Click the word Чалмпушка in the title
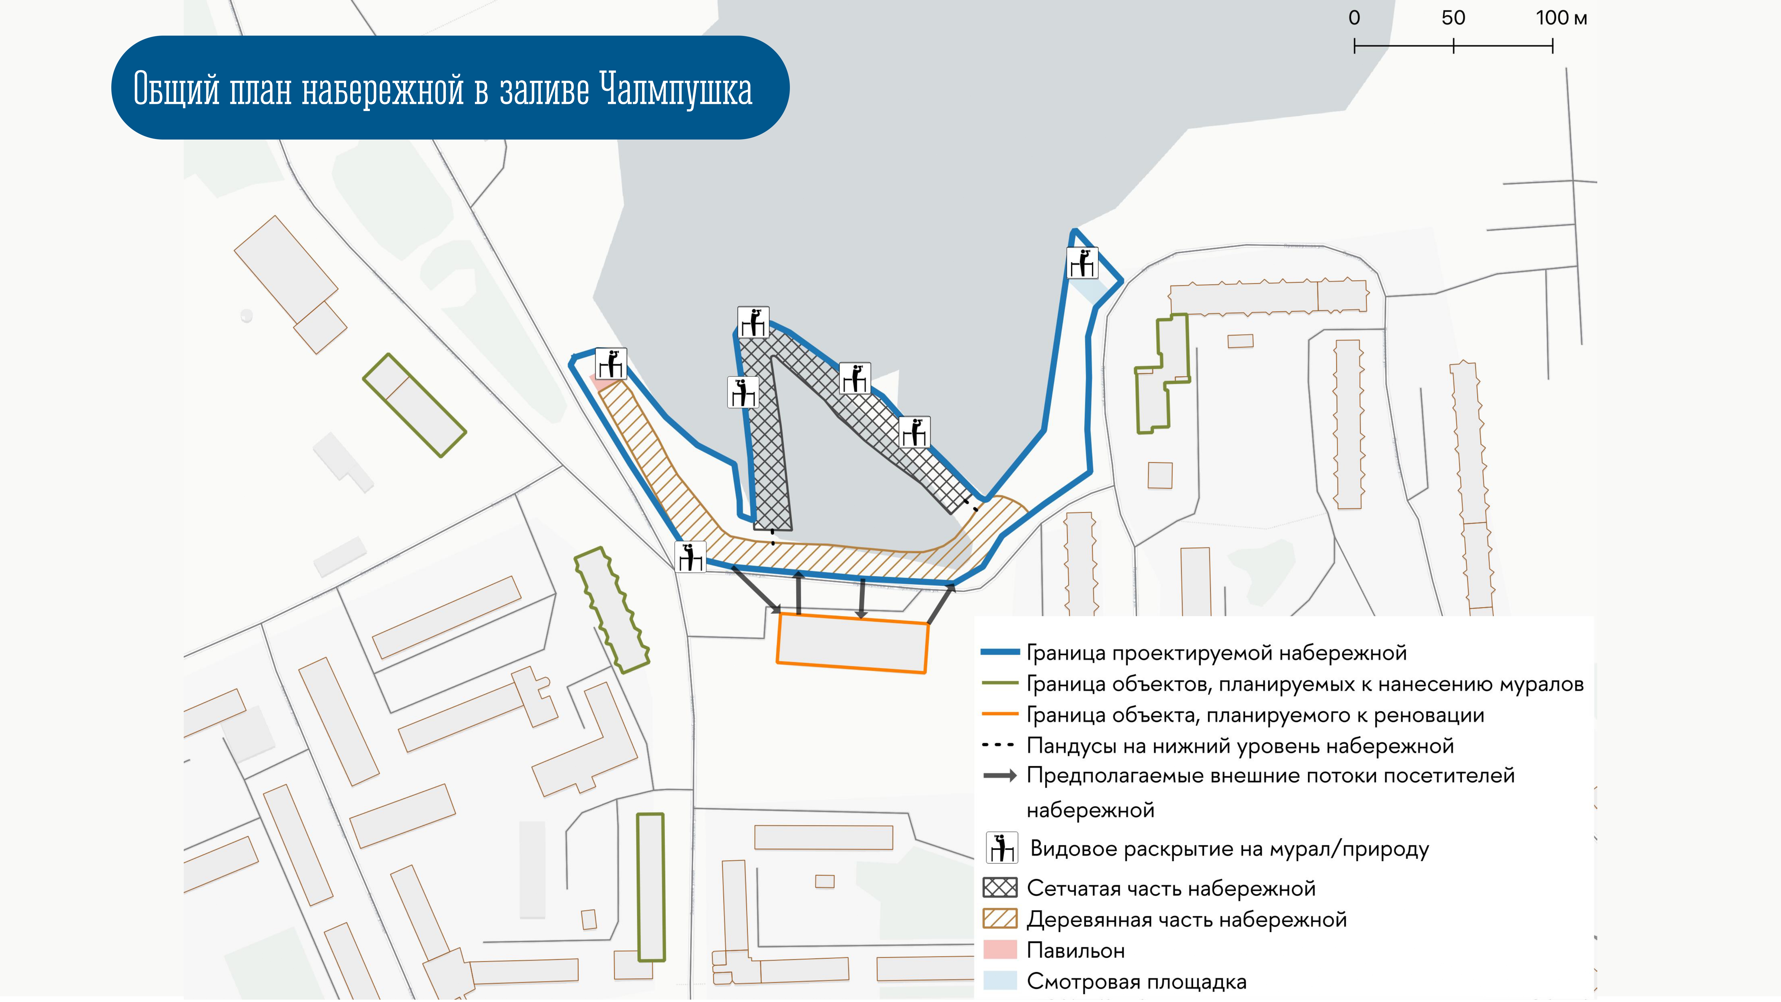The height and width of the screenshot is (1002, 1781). [676, 89]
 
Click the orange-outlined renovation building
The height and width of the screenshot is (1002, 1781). [853, 643]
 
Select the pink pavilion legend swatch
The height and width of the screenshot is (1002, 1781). [1000, 949]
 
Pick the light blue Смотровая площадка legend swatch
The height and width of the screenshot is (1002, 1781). [1000, 981]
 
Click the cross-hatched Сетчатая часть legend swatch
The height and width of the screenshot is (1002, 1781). [1000, 887]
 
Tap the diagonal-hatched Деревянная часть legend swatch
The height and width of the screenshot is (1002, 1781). [1000, 918]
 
